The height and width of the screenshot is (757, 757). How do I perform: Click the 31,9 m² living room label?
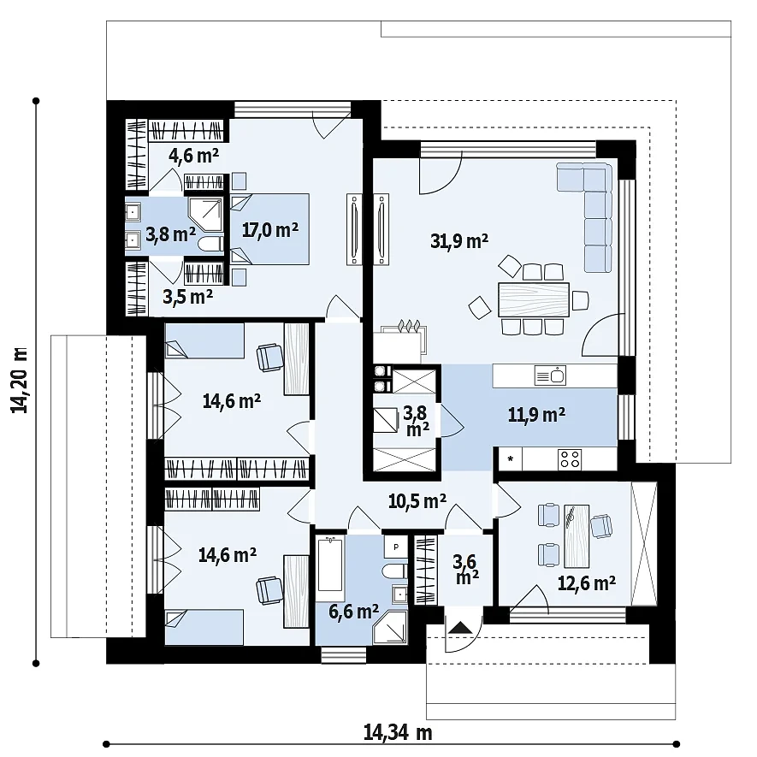(459, 240)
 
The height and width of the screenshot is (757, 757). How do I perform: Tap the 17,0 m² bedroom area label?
(270, 230)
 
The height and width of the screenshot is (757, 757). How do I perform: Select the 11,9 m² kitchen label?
(536, 415)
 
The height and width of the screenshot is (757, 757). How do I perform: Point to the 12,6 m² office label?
(587, 583)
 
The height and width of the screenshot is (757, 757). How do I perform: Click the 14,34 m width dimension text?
(398, 733)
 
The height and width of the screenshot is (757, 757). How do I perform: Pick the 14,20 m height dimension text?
(20, 380)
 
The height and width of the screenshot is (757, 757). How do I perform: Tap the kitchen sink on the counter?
(550, 376)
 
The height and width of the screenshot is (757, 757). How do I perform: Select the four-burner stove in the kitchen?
(570, 459)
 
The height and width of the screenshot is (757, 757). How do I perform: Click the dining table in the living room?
(534, 299)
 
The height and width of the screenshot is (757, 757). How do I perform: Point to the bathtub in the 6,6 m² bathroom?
(330, 564)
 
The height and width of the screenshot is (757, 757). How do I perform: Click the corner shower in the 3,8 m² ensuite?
(204, 215)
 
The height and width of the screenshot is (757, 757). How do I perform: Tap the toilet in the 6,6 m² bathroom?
(395, 571)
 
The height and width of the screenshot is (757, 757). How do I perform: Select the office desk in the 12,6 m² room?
(577, 536)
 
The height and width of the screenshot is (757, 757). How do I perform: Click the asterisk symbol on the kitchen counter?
(511, 459)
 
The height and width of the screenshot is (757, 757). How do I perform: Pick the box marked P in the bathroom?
(396, 547)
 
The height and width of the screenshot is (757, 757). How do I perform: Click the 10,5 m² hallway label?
(417, 501)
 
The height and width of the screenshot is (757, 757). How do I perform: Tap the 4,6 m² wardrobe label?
(193, 155)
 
